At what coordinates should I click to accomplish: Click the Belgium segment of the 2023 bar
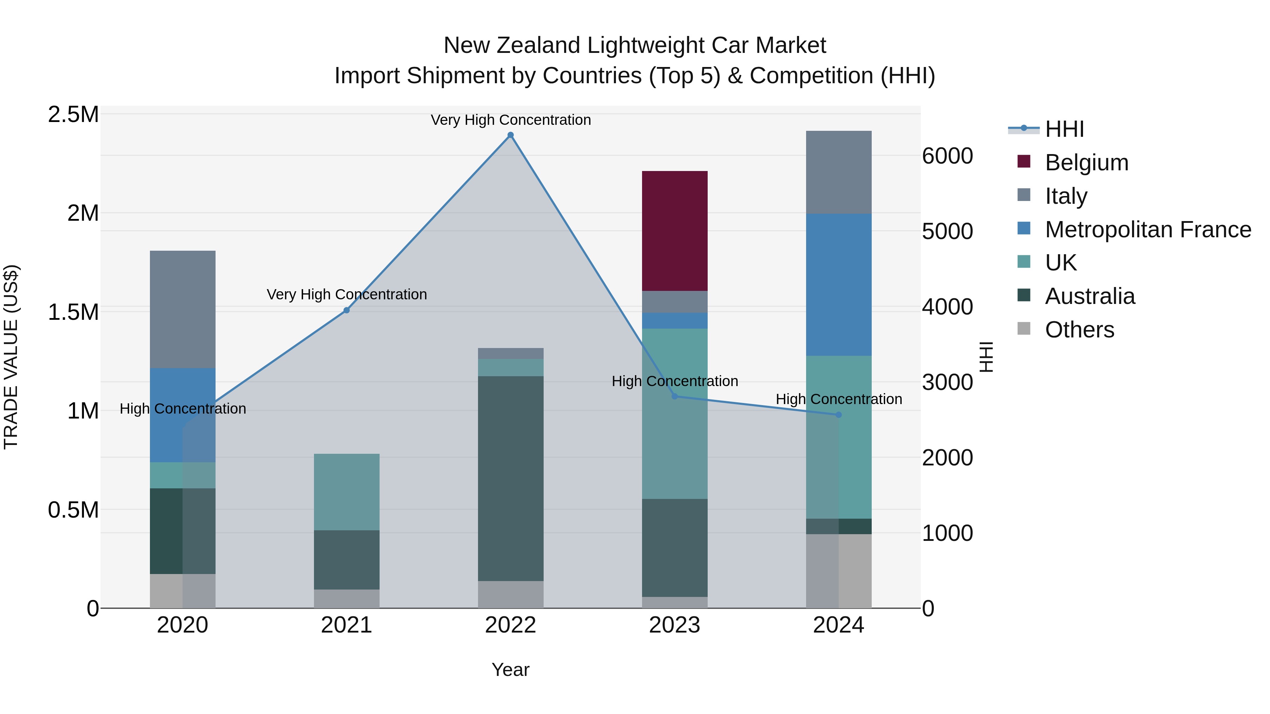pos(675,231)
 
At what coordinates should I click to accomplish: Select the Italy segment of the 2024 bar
pos(838,172)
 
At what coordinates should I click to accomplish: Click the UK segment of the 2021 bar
pos(346,492)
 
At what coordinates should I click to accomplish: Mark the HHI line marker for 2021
pos(346,310)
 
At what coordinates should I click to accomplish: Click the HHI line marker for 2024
pos(838,415)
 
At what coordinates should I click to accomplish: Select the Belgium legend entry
pos(1086,163)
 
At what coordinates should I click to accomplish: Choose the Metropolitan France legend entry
pos(1148,230)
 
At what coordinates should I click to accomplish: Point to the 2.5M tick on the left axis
pos(73,114)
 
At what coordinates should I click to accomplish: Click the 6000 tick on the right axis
pos(947,156)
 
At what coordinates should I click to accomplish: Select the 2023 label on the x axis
pos(675,625)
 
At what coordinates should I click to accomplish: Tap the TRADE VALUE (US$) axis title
pos(11,357)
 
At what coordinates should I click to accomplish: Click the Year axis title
pos(510,670)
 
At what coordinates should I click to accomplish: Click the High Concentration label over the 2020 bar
pos(182,409)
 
